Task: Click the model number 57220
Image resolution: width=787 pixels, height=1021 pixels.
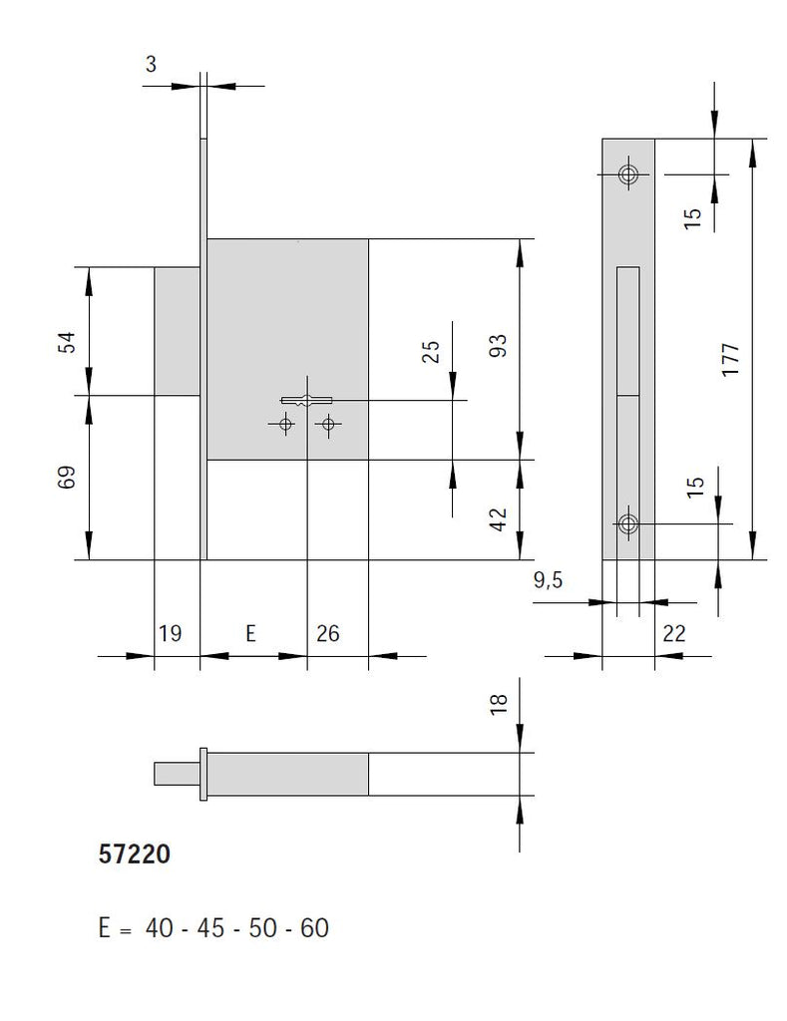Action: (135, 854)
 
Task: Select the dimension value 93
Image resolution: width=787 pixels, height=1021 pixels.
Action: (500, 346)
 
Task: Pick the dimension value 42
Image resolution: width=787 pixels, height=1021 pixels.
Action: (500, 518)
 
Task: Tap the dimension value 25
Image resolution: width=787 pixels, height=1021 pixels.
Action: (431, 352)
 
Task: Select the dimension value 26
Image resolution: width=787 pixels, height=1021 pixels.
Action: (327, 633)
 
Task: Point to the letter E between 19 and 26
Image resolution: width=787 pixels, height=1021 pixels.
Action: (251, 633)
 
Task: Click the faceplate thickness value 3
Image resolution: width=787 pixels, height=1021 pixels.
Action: (151, 65)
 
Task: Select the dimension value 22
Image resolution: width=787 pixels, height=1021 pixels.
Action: (674, 633)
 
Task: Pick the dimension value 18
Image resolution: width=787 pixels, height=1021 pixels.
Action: (500, 704)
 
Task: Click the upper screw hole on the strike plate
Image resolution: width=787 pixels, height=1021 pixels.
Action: (628, 174)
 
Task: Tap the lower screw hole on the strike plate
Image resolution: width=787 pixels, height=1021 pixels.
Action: (628, 523)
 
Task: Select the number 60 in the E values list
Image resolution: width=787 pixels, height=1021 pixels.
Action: (313, 928)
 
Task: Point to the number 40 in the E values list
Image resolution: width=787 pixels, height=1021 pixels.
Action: (160, 928)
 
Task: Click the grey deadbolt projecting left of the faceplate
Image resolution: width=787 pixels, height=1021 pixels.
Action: (177, 330)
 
